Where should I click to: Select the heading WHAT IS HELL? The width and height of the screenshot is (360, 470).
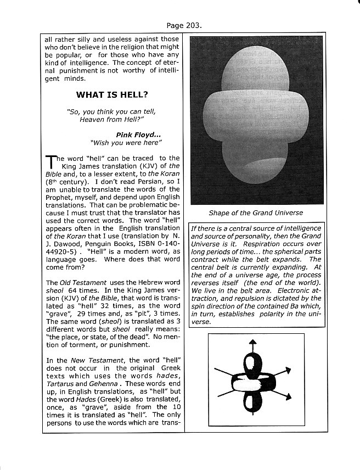(x=111, y=94)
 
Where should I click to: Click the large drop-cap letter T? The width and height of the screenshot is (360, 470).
(x=50, y=162)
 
